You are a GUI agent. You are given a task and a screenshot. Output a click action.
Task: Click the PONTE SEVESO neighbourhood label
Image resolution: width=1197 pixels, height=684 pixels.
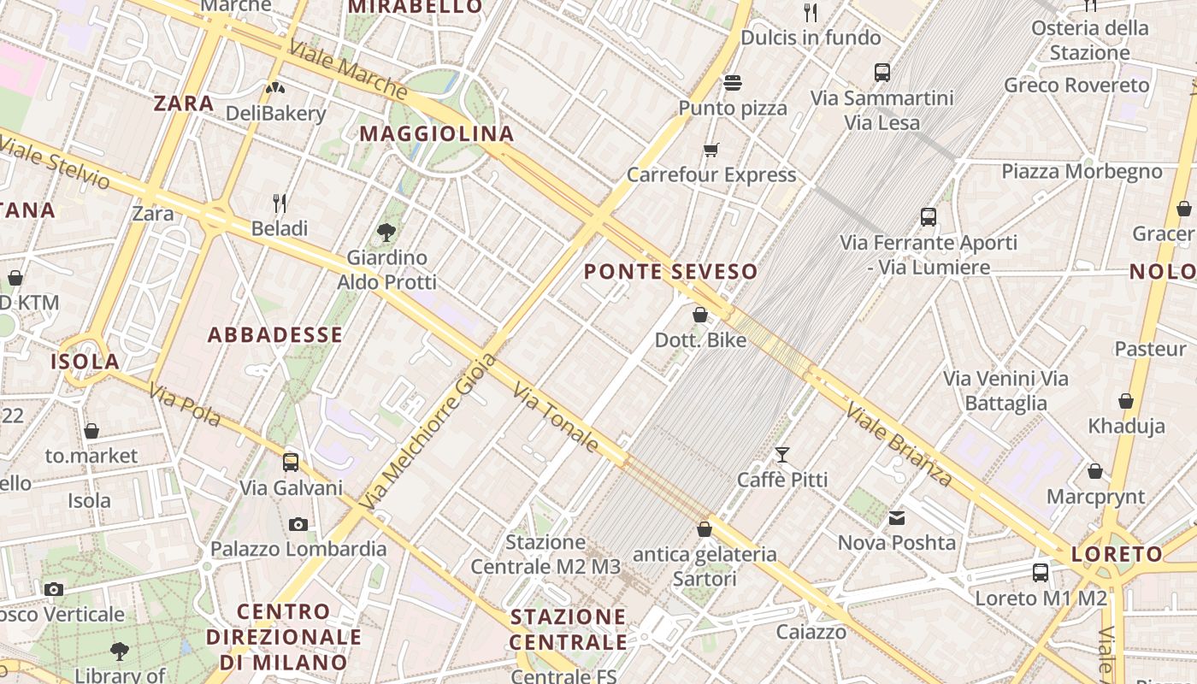(670, 272)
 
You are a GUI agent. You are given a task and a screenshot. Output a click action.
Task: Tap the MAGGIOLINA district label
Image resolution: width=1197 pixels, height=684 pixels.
(437, 133)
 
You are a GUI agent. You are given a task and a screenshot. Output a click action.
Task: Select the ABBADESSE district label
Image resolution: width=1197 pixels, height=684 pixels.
(275, 334)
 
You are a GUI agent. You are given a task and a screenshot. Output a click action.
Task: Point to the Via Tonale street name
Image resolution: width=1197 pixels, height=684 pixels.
(557, 417)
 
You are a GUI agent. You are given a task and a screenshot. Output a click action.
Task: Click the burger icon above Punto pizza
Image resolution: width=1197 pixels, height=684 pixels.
(732, 83)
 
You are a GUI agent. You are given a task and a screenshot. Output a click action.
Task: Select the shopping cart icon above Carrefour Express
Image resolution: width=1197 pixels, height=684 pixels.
(711, 150)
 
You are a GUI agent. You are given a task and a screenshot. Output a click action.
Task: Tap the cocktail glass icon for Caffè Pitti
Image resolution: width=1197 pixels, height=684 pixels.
(781, 454)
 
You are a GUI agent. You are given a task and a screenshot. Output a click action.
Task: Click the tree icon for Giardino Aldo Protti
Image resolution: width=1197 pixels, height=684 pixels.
(386, 232)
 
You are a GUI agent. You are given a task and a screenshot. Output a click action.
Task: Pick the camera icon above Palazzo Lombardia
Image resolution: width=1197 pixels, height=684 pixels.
(298, 524)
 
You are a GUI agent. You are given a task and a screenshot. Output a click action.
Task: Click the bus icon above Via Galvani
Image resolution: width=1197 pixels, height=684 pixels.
(291, 463)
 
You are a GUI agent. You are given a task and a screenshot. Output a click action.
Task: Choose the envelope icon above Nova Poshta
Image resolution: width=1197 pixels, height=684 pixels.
(896, 517)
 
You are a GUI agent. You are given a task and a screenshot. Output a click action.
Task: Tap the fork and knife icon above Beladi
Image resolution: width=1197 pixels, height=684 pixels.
(279, 203)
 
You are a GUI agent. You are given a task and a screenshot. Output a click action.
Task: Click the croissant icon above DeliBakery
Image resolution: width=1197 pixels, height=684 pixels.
(275, 87)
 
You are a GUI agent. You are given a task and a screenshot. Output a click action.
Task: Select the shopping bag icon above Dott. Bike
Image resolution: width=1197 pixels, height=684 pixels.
(700, 315)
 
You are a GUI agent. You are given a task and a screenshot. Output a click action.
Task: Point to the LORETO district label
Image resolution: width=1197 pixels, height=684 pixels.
(1117, 554)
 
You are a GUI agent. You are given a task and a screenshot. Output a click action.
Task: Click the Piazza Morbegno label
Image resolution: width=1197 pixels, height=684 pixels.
(1082, 171)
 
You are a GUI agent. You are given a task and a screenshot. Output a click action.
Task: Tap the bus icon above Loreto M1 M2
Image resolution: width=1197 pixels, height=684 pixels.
(1041, 572)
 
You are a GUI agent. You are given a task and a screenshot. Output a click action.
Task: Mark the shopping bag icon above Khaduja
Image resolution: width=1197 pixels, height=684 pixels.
(1126, 401)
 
